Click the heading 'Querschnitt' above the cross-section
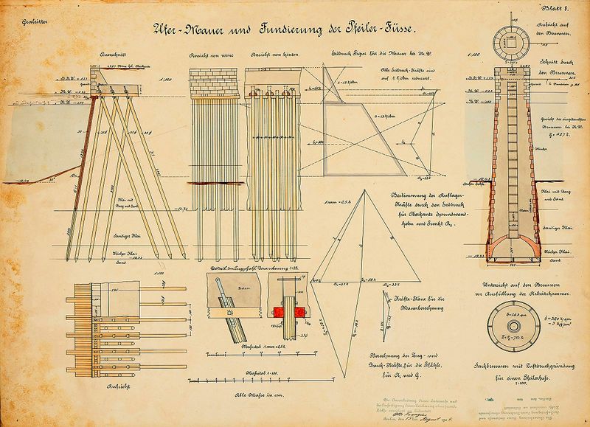pyautogui.click(x=117, y=55)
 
